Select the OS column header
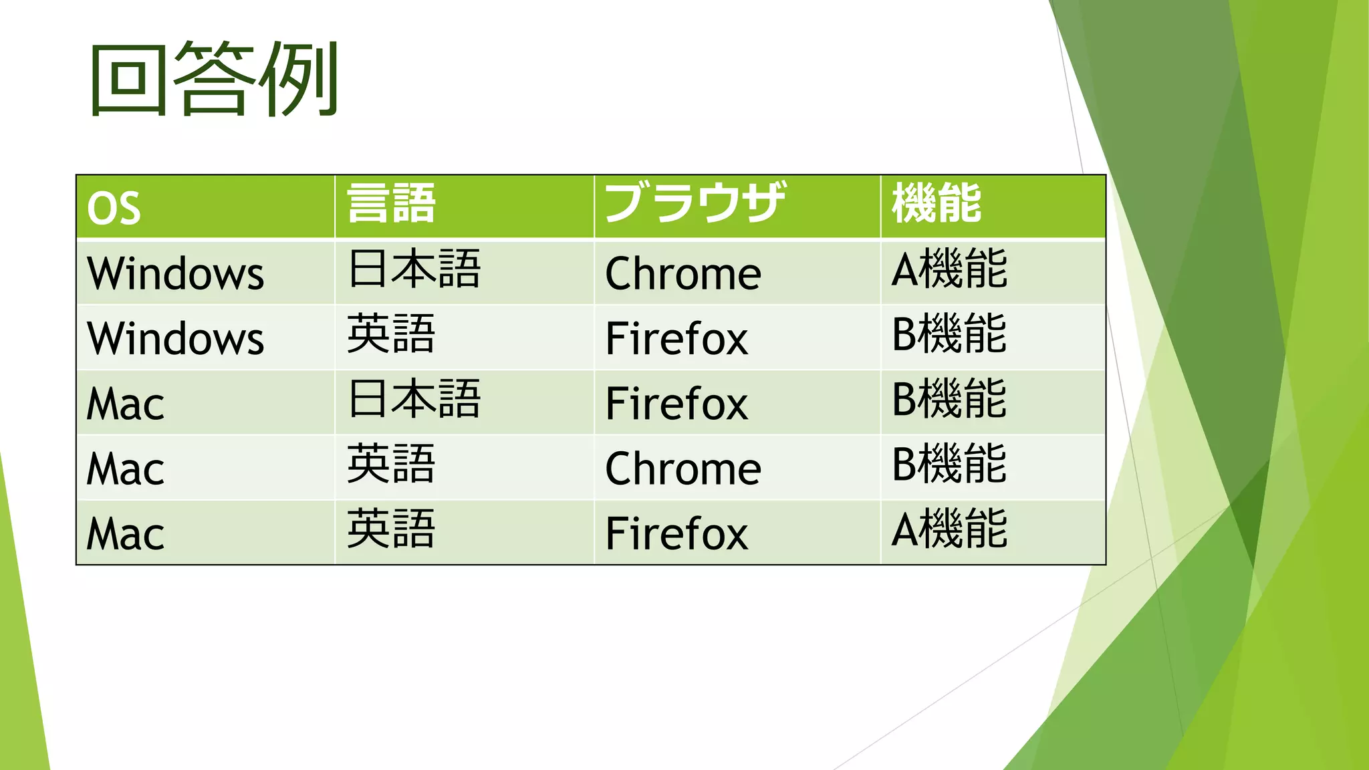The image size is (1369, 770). pos(114,208)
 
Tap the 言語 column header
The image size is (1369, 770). pos(391,204)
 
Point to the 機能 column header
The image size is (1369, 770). pos(937,203)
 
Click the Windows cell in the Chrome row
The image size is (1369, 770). pos(176,273)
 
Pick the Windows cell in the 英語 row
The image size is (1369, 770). pos(176,338)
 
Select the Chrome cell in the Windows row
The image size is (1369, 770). pos(682,273)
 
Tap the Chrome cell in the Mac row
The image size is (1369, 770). pos(682,469)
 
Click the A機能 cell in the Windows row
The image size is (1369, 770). pos(949,269)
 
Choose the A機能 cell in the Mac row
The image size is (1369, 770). pos(949,529)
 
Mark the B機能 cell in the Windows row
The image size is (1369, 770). pos(949,334)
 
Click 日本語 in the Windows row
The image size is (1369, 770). pos(414,269)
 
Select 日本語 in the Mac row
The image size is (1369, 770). pos(414,400)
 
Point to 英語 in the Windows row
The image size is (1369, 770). pos(391,334)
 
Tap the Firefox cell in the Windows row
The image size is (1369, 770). pos(676,338)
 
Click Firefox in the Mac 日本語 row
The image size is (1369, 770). pos(676,403)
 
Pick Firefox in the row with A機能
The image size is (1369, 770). pos(676,533)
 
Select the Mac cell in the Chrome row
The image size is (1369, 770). pos(126,469)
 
